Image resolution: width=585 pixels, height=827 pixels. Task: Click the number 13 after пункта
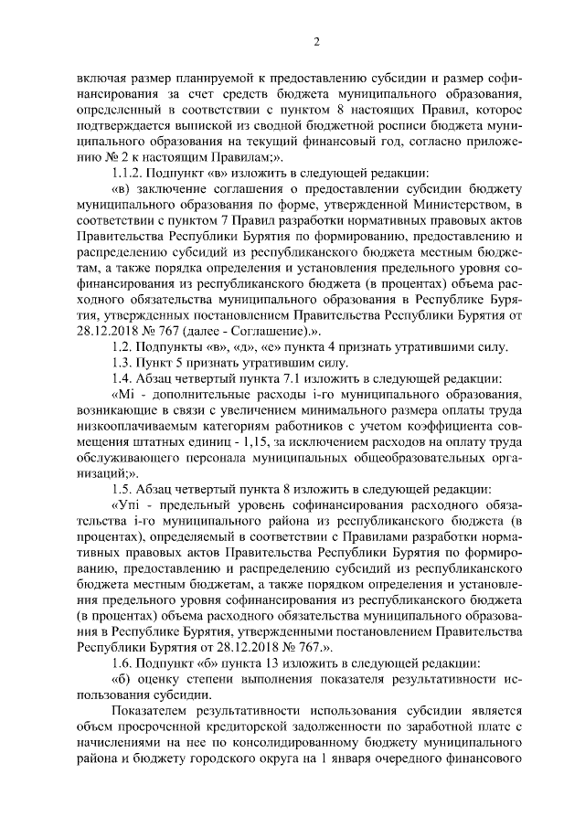click(x=252, y=662)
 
